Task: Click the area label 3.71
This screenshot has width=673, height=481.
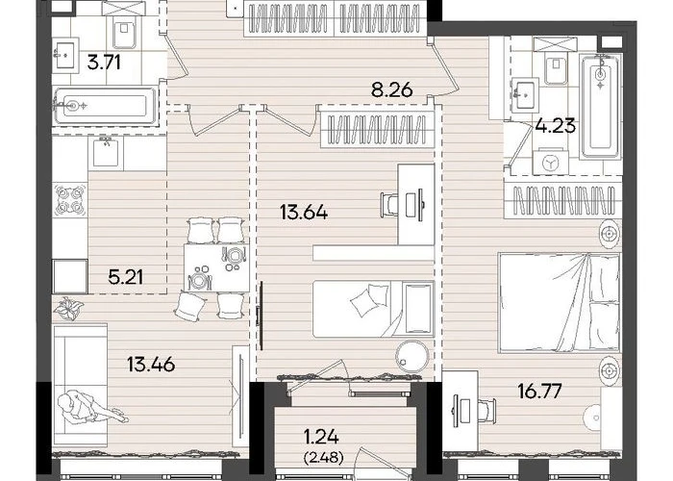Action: coord(104,63)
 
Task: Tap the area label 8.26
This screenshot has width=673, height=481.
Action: coord(392,90)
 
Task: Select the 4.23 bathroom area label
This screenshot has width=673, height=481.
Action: coord(556,126)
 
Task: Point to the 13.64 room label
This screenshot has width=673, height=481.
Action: coord(304,213)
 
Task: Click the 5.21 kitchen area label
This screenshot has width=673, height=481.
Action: coord(125,277)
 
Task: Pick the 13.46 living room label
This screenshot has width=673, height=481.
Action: coord(151,365)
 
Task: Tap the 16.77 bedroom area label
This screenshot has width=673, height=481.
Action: coord(539,392)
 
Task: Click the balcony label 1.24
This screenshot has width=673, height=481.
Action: coord(321,438)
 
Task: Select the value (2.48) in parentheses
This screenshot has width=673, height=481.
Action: coord(323,458)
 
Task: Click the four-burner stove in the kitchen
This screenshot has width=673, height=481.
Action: coord(70,200)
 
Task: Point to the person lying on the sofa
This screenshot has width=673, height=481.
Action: coord(90,407)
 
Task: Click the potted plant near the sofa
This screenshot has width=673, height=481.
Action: coord(68,308)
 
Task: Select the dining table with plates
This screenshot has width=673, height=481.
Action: coord(216,267)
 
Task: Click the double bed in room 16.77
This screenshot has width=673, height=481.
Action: coord(560,302)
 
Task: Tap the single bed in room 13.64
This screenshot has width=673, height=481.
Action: coord(373,309)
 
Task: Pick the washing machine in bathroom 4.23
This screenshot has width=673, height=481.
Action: coord(550,162)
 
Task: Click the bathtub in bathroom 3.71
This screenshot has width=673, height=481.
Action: coord(106,105)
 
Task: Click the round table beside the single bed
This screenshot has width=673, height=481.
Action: coord(412,357)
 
